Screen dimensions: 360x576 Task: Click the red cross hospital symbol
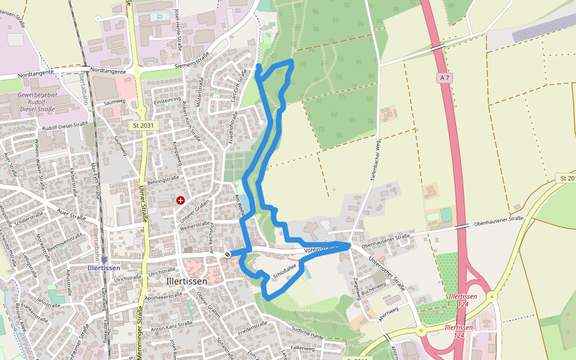181,200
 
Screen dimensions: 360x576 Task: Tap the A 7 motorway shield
444,77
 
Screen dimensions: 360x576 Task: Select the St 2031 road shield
139,125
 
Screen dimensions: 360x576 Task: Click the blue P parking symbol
160,18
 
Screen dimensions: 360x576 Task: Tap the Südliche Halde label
308,333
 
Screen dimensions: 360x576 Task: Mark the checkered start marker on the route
228,254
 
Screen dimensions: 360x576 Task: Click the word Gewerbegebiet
37,95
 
